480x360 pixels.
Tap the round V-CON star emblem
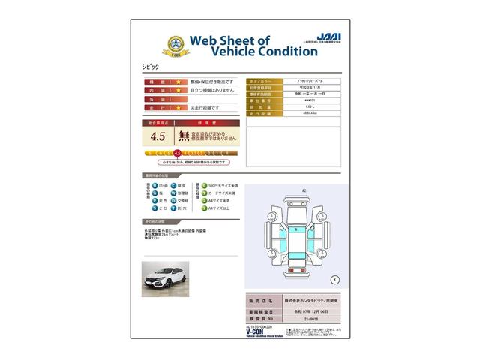point(154,44)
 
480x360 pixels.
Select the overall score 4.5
point(157,136)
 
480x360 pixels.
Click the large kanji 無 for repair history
point(184,136)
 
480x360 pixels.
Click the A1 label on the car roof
point(296,229)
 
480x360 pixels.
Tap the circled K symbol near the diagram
point(334,278)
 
